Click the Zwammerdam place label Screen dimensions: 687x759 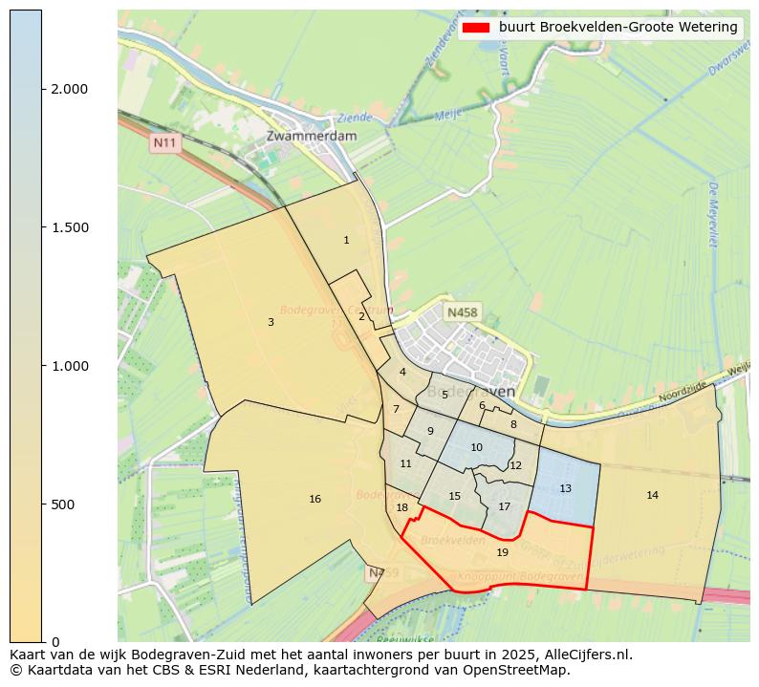pos(312,136)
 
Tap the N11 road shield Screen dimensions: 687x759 pos(165,143)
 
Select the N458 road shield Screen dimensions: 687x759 pos(463,312)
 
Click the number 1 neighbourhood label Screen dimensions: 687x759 pos(346,241)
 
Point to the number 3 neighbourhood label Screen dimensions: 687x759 pos(271,323)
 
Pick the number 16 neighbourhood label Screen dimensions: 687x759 pos(314,500)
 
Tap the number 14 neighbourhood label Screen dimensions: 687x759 pos(652,496)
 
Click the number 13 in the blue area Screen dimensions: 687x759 pos(565,489)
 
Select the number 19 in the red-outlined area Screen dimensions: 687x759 pos(503,553)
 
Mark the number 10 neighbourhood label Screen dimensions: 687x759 pos(476,448)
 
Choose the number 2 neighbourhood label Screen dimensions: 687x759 pos(361,316)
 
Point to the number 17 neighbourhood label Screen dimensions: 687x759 pos(504,507)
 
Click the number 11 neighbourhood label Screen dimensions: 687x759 pos(405,464)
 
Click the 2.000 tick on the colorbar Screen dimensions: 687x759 pos(70,89)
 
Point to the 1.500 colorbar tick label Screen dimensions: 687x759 pos(70,227)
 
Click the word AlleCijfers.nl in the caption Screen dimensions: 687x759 pos(586,655)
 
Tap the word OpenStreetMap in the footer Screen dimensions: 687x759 pos(524,670)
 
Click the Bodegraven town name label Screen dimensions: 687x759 pos(470,392)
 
